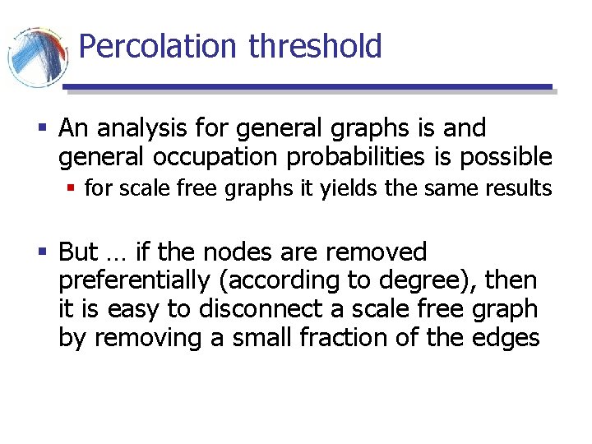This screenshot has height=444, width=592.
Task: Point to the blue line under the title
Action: coord(308,86)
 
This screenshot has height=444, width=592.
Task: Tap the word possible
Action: coord(499,156)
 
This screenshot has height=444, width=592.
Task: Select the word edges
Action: coord(507,337)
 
